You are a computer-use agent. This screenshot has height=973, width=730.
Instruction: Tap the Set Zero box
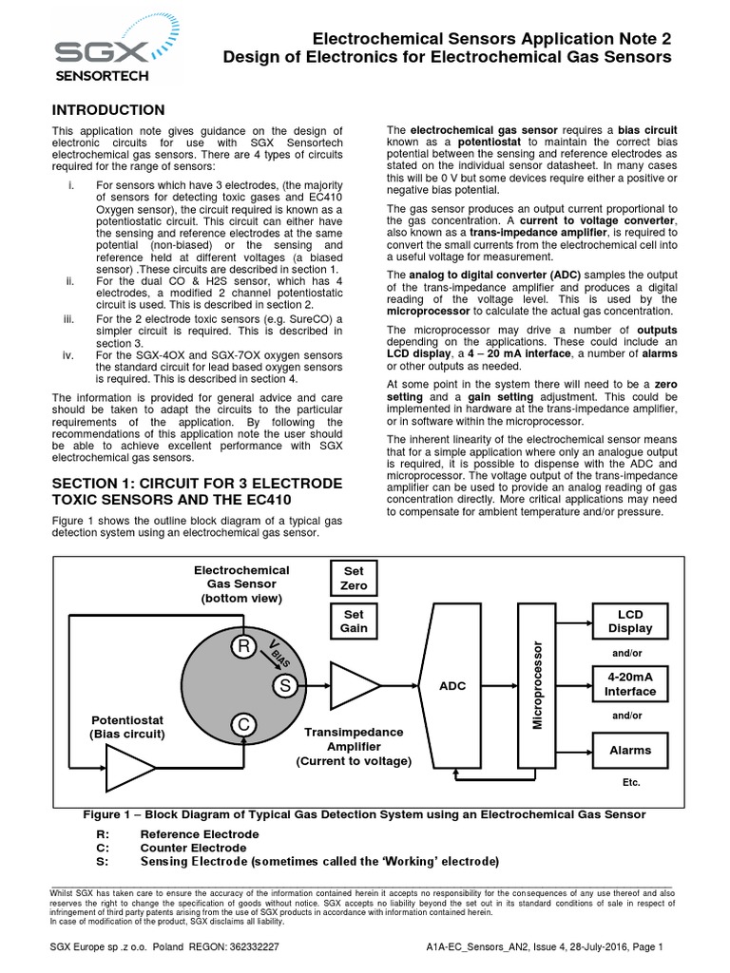[x=354, y=579]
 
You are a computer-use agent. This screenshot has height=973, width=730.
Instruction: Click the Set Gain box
[x=354, y=620]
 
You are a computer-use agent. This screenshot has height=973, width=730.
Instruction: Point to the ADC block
[x=452, y=686]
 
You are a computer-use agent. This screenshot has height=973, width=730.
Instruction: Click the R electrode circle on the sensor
[x=244, y=648]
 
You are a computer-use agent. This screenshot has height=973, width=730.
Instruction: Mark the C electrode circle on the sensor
[x=244, y=725]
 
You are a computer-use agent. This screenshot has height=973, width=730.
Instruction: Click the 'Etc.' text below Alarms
[x=631, y=782]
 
